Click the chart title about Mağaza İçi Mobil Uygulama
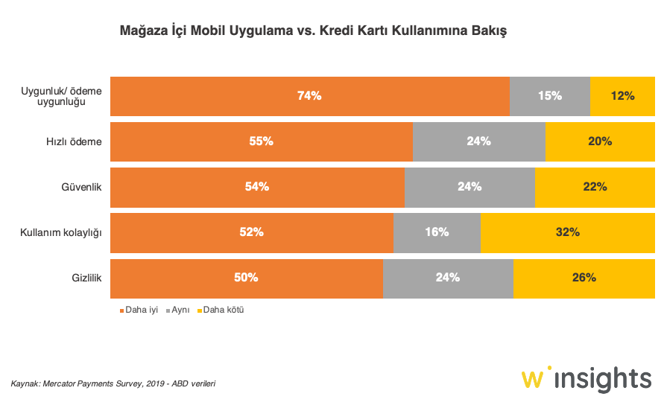pos(313,31)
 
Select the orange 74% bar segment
pos(309,96)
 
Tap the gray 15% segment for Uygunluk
pos(549,96)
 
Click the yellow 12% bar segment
pos(622,96)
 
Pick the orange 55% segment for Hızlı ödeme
pos(261,141)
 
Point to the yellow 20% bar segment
pos(600,141)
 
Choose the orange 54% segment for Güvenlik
pos(257,187)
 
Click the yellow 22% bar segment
pos(595,187)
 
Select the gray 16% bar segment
pos(437,232)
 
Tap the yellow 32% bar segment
pos(567,232)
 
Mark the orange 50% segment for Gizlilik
pos(246,278)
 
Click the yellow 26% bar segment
pos(584,278)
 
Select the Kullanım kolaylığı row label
pos(60,232)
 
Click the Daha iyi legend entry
pos(139,310)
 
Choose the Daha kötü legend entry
pos(220,310)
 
